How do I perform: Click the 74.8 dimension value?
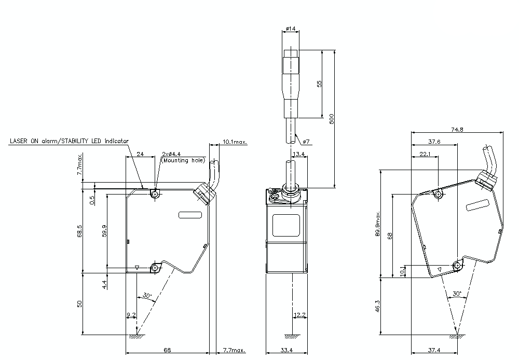click(457, 130)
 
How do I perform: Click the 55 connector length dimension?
click(319, 84)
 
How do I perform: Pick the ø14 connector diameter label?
click(291, 29)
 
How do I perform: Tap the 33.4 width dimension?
click(287, 351)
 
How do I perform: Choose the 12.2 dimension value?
click(299, 315)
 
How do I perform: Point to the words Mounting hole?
click(183, 160)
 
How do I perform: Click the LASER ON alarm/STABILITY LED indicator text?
click(69, 141)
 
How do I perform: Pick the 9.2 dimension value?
click(131, 315)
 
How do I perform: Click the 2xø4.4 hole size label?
click(171, 154)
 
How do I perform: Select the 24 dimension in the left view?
click(140, 154)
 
